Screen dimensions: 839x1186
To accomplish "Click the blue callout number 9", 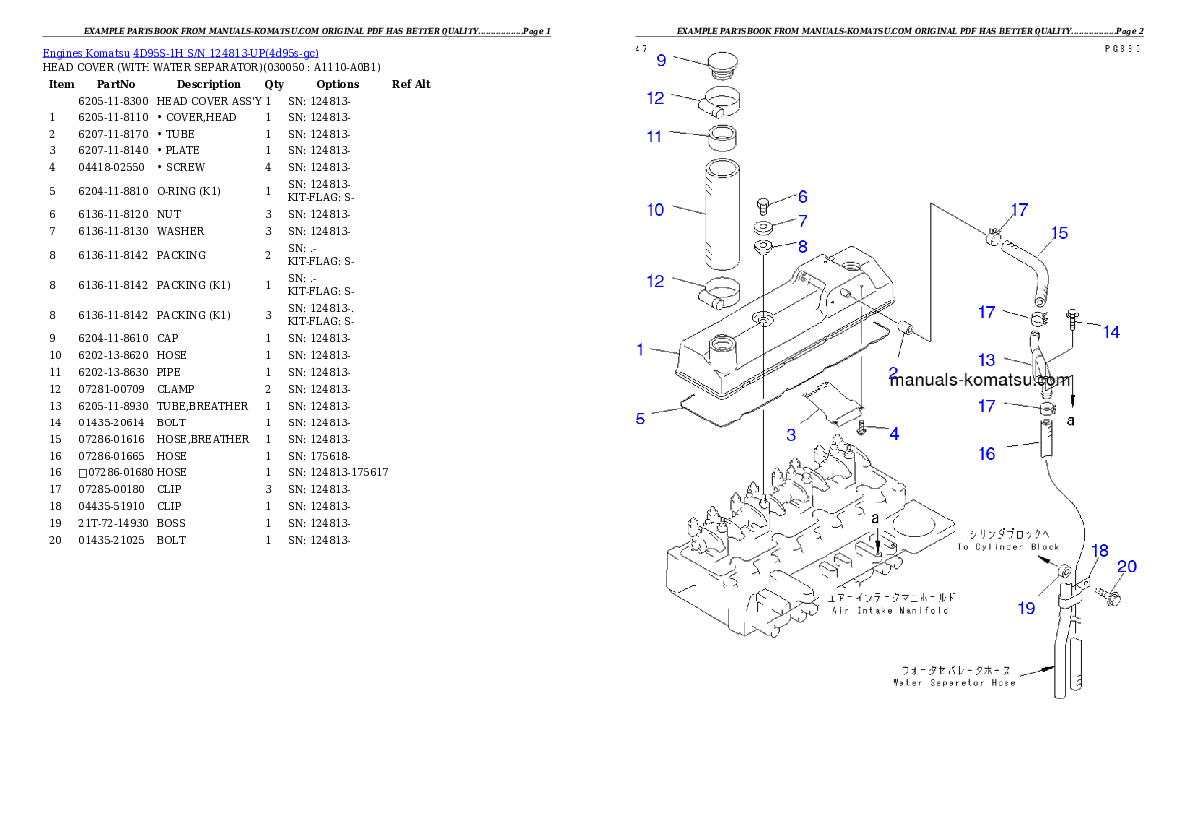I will click(660, 60).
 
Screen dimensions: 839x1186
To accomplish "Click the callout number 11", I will click(655, 137).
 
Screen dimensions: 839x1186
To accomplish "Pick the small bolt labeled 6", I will click(764, 204).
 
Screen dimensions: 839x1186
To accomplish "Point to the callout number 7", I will click(802, 221).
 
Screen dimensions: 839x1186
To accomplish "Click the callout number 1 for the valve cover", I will click(641, 350).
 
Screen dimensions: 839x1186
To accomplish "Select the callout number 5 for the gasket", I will click(641, 419).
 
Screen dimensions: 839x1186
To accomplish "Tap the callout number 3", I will click(791, 435).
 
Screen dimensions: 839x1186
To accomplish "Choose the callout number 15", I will click(1059, 233).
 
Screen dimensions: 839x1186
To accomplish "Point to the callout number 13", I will click(986, 360).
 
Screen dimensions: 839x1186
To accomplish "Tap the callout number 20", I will click(1126, 567).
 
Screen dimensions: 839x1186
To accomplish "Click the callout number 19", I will click(1026, 608).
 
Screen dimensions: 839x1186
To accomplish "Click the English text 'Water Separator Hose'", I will click(955, 683).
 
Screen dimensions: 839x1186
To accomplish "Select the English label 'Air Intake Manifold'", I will click(890, 610).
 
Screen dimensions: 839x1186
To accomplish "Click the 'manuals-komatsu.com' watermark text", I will click(981, 380).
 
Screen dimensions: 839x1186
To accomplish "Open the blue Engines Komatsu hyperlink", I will click(180, 52).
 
